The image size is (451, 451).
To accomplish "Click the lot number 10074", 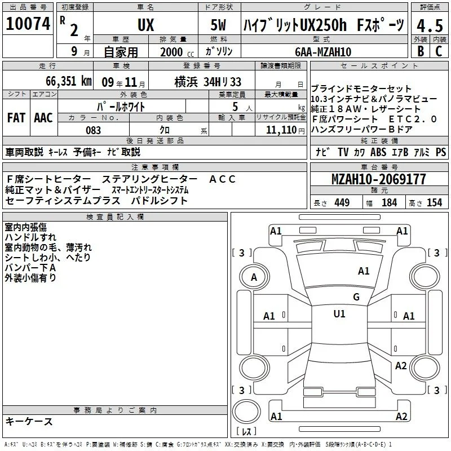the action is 28,24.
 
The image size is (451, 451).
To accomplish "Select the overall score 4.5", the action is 430,25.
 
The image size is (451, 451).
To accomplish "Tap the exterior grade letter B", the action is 421,51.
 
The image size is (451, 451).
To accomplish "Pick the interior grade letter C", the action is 439,51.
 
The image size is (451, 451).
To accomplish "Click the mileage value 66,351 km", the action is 69,81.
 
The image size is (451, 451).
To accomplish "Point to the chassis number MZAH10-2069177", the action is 378,179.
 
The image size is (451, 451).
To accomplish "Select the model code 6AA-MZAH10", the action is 323,52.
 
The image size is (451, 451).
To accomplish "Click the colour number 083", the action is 93,130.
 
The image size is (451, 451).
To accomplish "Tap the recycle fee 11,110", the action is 281,130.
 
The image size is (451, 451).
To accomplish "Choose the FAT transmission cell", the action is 16,118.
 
